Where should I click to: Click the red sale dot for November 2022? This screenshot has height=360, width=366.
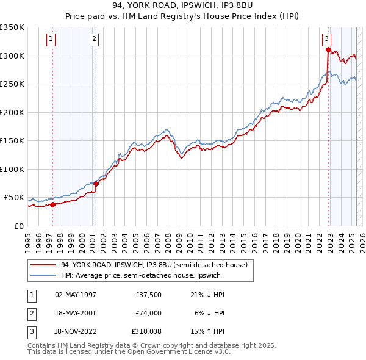pyautogui.click(x=328, y=50)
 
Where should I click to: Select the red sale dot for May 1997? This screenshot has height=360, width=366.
pyautogui.click(x=52, y=204)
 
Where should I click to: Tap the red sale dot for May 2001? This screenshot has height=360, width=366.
pyautogui.click(x=96, y=184)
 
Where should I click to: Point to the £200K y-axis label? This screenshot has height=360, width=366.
pyautogui.click(x=12, y=112)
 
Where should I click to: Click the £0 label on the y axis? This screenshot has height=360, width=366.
pyautogui.click(x=17, y=226)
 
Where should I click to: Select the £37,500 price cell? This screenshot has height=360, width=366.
pyautogui.click(x=148, y=294)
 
